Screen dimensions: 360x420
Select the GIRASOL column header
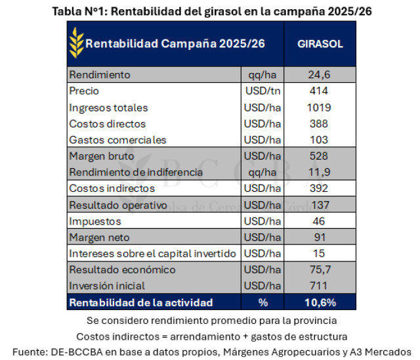[x=320, y=44]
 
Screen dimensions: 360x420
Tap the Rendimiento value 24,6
[x=320, y=74]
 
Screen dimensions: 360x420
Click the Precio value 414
[x=320, y=91]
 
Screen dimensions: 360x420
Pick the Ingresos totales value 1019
[x=320, y=108]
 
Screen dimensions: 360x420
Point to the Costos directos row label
[x=107, y=124]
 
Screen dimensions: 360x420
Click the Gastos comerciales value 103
[x=320, y=140]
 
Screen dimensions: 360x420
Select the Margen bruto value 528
[x=320, y=156]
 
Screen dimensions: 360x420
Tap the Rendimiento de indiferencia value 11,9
[x=320, y=173]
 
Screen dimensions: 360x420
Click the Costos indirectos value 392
[x=320, y=189]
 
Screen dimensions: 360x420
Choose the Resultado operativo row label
[x=117, y=205]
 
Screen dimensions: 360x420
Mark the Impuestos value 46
[x=320, y=221]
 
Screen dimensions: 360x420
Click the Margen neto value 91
[x=320, y=238]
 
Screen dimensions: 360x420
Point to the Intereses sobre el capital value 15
[x=320, y=254]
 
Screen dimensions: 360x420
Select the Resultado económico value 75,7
[x=320, y=270]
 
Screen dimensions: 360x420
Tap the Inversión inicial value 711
[x=320, y=286]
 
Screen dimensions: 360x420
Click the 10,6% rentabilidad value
[x=320, y=303]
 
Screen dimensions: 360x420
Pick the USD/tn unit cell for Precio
[x=262, y=91]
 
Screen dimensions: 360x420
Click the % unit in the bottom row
[x=262, y=303]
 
